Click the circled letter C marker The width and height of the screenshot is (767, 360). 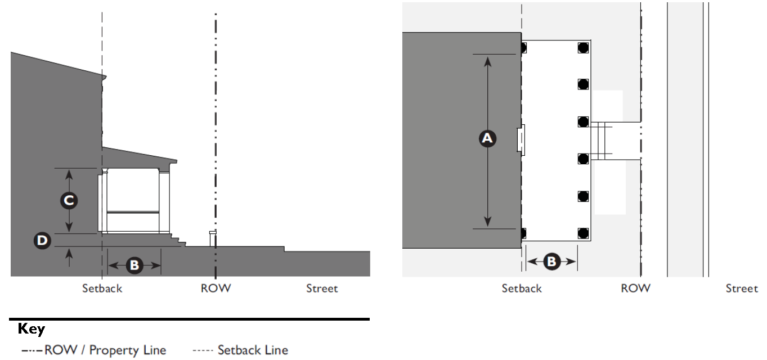click(69, 200)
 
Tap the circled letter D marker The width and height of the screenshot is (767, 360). click(42, 241)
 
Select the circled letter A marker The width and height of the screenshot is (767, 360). click(488, 138)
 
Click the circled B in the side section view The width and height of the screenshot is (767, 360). click(134, 265)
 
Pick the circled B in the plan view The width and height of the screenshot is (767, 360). click(551, 261)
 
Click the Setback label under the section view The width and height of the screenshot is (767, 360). click(102, 289)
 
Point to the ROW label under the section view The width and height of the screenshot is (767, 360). click(216, 289)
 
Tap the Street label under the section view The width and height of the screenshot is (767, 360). click(322, 289)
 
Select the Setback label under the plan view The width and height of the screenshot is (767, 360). click(522, 289)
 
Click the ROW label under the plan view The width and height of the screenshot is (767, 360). click(635, 289)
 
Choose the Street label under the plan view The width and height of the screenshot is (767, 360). click(742, 289)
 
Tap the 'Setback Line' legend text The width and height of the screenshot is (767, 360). click(253, 350)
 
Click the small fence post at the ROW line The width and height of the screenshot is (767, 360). click(212, 238)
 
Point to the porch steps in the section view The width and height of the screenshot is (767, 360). click(177, 240)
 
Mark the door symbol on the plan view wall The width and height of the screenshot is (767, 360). click(521, 140)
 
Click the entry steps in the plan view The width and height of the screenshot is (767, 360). click(600, 140)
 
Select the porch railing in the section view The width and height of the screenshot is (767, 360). click(133, 213)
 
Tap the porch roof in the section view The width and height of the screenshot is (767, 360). click(141, 156)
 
